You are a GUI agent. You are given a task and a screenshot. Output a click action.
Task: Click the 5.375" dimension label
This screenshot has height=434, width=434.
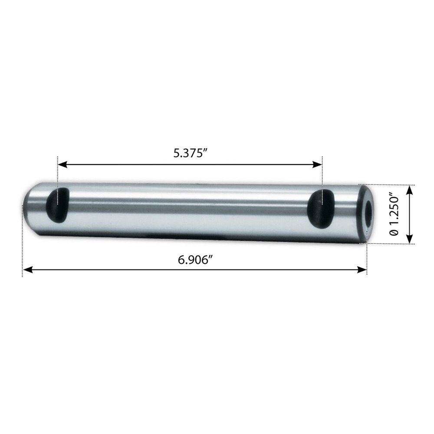(x=191, y=153)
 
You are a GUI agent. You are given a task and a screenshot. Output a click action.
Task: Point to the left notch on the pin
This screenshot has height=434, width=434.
(x=57, y=201)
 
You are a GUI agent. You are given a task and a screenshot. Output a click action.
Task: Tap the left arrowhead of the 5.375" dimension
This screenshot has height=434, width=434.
(x=62, y=165)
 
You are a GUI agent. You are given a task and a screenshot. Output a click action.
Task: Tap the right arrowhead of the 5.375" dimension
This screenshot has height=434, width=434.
(x=318, y=165)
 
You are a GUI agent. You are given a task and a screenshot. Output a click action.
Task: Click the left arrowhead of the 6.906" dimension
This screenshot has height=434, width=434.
(x=27, y=270)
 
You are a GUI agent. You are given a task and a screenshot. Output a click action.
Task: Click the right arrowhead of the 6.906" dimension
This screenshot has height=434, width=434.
(x=362, y=270)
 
